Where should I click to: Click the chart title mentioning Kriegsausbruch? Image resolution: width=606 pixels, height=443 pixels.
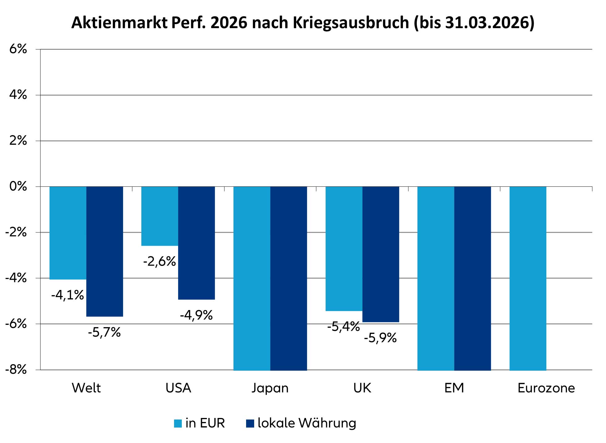pos(303,23)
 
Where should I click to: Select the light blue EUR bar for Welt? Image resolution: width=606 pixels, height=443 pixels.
pos(68,233)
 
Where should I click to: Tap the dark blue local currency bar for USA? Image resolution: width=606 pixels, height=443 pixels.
pos(196,243)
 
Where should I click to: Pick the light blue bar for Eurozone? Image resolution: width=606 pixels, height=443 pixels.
pos(527,278)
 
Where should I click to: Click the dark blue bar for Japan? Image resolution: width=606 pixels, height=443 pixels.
pos(288,278)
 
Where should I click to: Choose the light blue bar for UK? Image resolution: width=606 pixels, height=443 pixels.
pos(344,249)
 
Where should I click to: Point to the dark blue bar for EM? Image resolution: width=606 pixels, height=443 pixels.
pos(472,278)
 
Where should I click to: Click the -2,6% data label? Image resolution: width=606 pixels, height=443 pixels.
pos(159,262)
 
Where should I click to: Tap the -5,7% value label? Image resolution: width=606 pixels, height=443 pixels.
pos(104,333)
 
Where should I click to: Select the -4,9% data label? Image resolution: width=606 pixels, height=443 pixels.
pos(196,315)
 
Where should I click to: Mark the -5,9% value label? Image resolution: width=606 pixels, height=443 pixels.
pos(380,338)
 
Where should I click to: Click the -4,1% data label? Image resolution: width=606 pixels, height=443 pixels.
pos(67,295)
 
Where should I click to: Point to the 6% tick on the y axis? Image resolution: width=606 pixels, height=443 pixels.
pos(18,49)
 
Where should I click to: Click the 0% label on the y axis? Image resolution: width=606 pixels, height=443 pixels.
pos(18,187)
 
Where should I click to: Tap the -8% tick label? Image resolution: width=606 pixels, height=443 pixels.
pos(16,370)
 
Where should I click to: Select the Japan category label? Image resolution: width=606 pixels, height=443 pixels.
pos(270,388)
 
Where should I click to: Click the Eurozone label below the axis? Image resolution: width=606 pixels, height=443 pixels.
pos(546,388)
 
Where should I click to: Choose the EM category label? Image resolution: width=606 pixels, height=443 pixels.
pos(454,388)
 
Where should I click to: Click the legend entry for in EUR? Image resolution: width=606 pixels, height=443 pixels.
pos(199,423)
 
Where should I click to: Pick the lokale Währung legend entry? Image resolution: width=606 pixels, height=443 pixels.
pos(301,423)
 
